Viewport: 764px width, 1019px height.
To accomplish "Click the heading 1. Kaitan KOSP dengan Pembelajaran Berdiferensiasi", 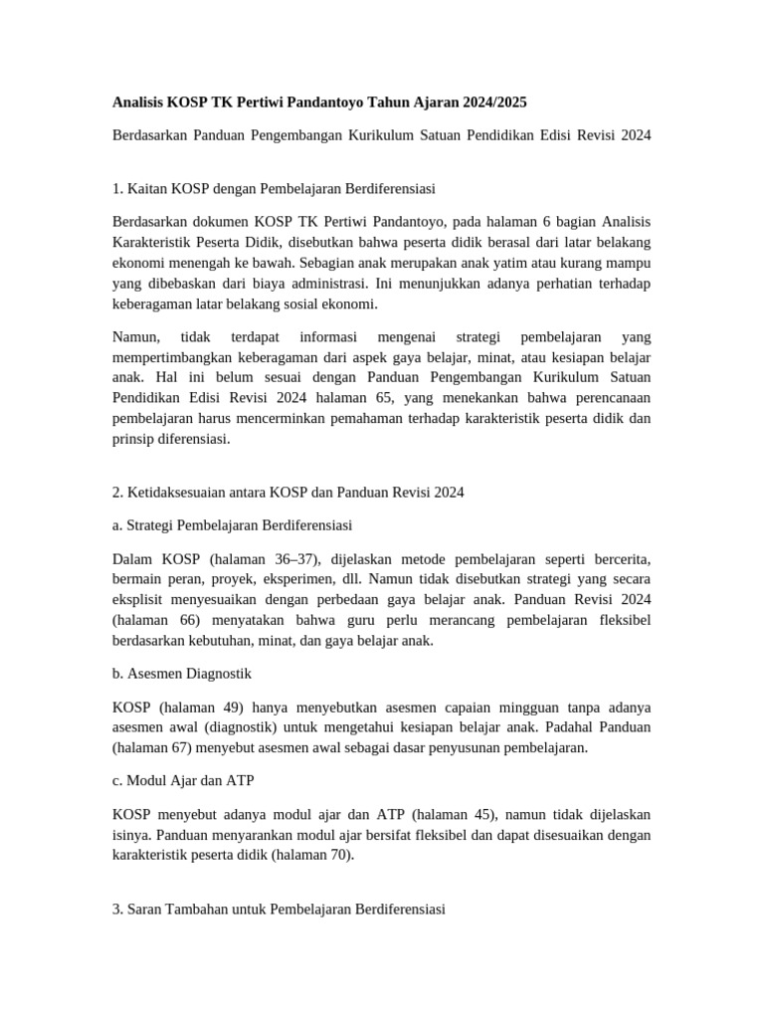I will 274,187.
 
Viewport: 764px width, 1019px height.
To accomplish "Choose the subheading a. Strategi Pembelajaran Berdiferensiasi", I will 232,524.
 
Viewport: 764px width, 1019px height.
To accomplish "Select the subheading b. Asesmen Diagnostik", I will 182,674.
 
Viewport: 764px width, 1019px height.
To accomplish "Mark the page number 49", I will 228,708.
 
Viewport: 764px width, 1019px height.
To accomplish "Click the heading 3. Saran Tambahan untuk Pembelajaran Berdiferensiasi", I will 280,909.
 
